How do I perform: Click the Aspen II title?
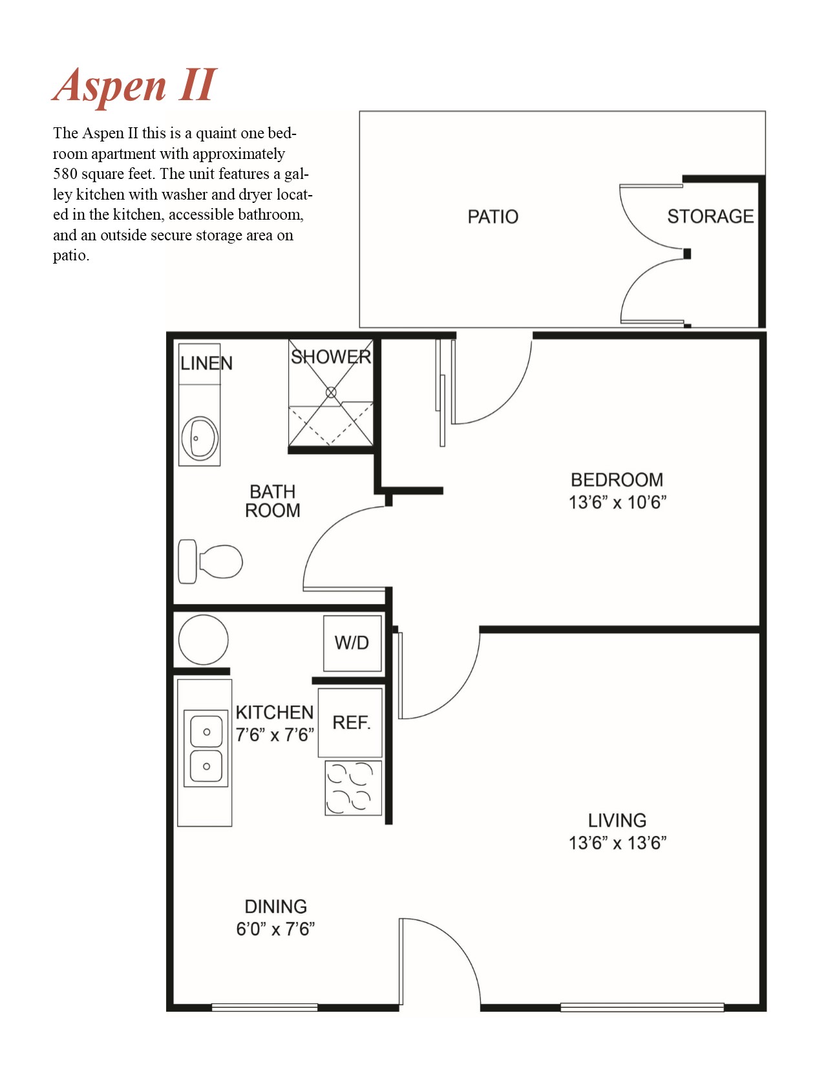click(x=134, y=86)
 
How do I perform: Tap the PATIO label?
click(x=492, y=217)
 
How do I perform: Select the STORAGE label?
click(x=710, y=216)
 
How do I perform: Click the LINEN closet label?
click(x=206, y=364)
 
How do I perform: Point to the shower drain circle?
click(x=331, y=392)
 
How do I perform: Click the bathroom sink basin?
click(x=200, y=438)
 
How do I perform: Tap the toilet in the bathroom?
click(x=210, y=561)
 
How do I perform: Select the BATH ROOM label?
click(x=272, y=501)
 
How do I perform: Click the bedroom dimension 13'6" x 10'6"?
click(x=617, y=503)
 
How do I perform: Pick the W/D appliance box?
click(x=352, y=643)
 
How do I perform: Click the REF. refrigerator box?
click(x=350, y=722)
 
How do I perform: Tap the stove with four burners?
click(x=354, y=788)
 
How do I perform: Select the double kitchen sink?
click(x=206, y=749)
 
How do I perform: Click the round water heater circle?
click(x=203, y=640)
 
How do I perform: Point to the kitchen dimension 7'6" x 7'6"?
click(x=275, y=735)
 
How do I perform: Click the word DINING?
click(x=276, y=906)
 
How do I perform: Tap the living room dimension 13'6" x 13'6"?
click(x=617, y=843)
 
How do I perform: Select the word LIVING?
click(x=617, y=820)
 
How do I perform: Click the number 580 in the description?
click(x=65, y=174)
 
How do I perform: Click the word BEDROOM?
click(x=617, y=480)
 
